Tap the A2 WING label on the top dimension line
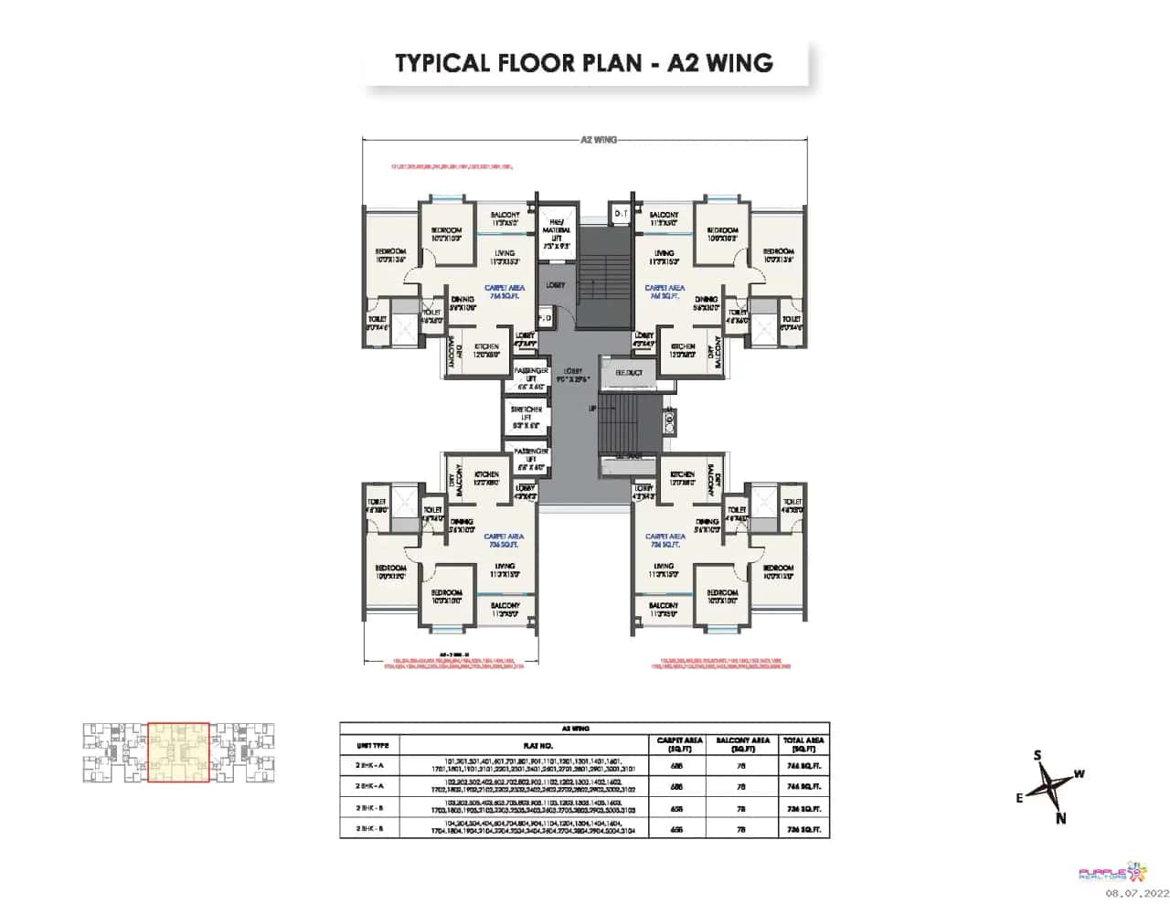coord(599,140)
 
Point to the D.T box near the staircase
coord(621,213)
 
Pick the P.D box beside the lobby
coord(545,318)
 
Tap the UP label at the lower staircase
coord(592,409)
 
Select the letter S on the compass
coord(1037,755)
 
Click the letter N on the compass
coord(1060,818)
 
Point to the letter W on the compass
coord(1079,774)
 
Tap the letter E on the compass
coord(1019,798)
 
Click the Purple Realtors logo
coord(1107,873)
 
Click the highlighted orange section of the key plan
coord(179,753)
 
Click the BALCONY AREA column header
coord(741,744)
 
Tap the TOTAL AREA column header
coord(803,744)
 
